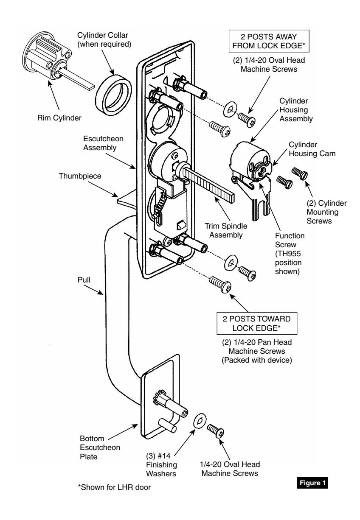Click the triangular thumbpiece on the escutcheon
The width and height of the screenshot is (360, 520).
click(x=126, y=197)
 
